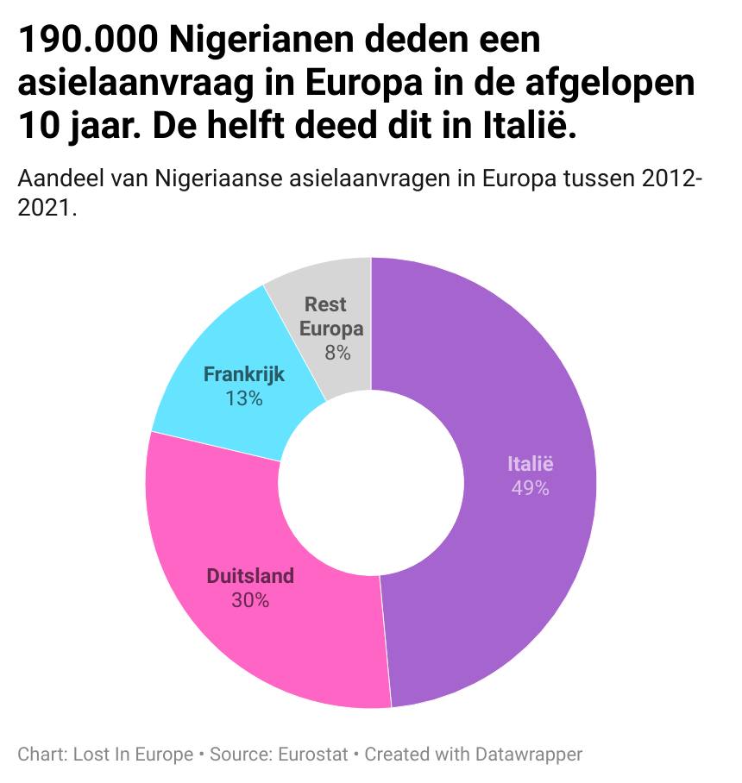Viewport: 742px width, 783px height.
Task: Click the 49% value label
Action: coord(530,488)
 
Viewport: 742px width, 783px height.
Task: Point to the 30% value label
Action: coord(250,600)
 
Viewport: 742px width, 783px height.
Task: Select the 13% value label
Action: coord(244,398)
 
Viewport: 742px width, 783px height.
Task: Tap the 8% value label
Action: coord(337,352)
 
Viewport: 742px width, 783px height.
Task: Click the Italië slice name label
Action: coord(531,465)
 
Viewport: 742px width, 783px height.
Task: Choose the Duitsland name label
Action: coord(250,576)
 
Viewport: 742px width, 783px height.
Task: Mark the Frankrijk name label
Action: coord(244,375)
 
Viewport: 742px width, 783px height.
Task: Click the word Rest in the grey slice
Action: coord(325,304)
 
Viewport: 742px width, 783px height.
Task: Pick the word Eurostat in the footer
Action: coord(313,755)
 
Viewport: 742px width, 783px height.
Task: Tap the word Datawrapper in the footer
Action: coord(529,755)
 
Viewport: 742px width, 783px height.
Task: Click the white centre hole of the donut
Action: coord(371,483)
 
